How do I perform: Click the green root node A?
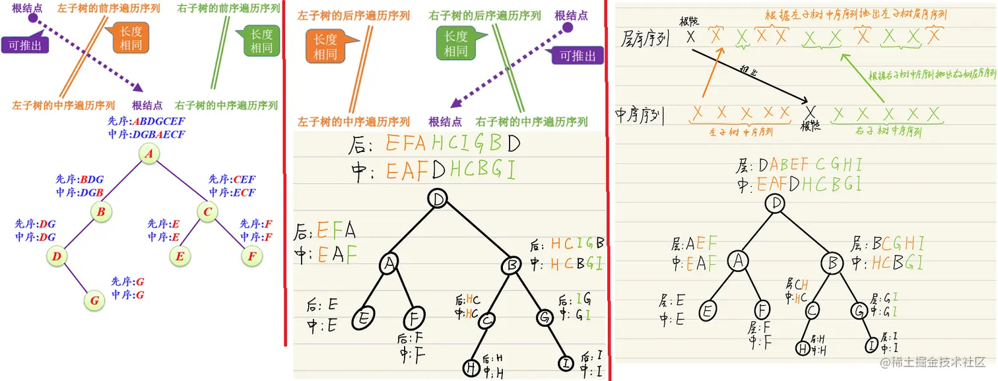(149, 154)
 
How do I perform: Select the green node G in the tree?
(94, 300)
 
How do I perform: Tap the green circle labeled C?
(207, 212)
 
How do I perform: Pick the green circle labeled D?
(57, 256)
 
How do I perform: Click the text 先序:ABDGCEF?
(146, 122)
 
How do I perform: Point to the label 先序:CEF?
(232, 179)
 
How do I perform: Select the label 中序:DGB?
(80, 192)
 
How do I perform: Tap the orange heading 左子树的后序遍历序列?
(354, 15)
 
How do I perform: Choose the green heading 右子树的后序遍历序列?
(484, 15)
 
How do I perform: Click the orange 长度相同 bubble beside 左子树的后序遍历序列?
(326, 48)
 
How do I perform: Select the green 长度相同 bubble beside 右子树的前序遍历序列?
(261, 42)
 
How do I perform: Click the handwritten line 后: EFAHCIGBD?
(436, 144)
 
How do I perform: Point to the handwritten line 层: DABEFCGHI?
(800, 164)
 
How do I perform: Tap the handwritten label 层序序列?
(646, 39)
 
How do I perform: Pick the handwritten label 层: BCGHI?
(888, 243)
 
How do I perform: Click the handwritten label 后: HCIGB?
(568, 244)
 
